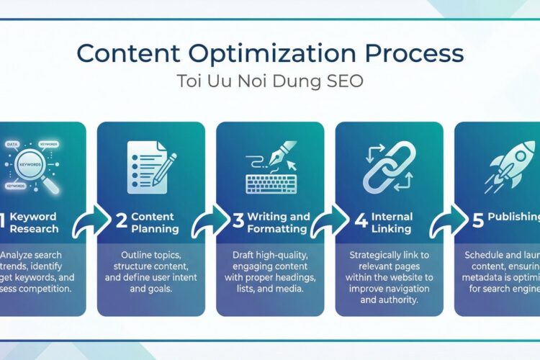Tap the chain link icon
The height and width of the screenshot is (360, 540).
[389, 167]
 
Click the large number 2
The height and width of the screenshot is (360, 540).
[122, 222]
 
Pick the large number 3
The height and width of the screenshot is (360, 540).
[238, 222]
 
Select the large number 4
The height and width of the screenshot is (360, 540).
[361, 222]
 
